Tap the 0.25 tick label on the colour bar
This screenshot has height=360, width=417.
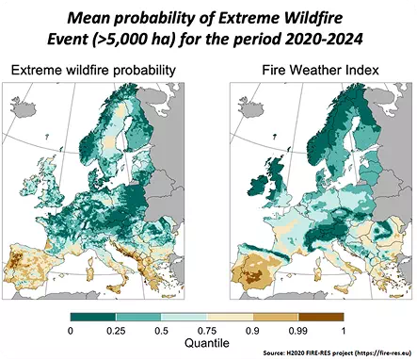click(x=118, y=331)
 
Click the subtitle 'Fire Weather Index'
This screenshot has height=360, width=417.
click(x=312, y=70)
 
